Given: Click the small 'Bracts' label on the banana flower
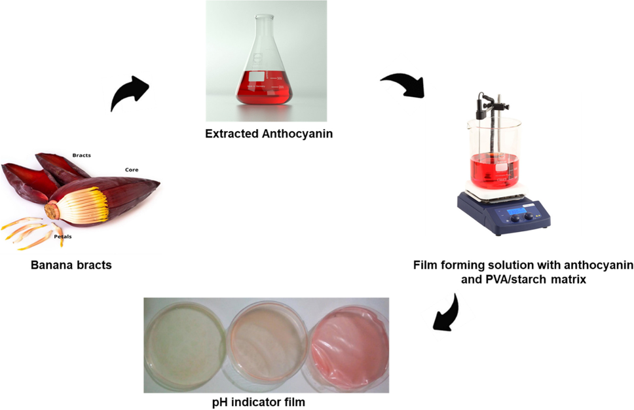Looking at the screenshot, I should point(82,155).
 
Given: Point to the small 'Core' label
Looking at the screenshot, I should point(132,170).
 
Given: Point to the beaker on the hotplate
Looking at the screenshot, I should point(494,154).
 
